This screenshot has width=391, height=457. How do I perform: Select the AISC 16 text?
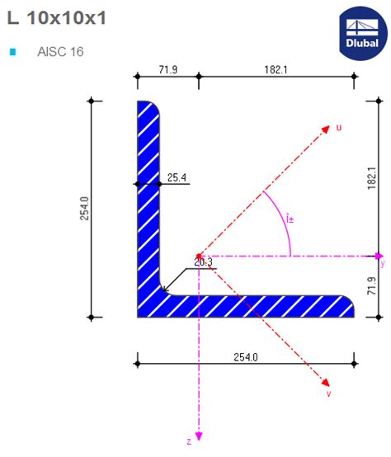[x=60, y=51]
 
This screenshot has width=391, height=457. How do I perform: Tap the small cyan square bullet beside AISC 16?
[x=12, y=52]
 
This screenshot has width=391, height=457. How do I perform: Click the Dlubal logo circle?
[x=362, y=33]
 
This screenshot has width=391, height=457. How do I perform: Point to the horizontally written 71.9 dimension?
[x=167, y=71]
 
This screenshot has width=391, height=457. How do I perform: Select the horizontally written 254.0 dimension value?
[x=246, y=357]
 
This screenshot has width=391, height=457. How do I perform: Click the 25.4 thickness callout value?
[x=177, y=177]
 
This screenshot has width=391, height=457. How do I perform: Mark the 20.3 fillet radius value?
[x=204, y=262]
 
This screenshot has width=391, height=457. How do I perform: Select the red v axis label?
[x=328, y=393]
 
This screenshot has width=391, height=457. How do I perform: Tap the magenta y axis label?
[x=382, y=264]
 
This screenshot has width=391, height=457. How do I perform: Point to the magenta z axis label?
[x=188, y=441]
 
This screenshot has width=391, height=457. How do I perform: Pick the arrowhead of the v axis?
[x=326, y=384]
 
